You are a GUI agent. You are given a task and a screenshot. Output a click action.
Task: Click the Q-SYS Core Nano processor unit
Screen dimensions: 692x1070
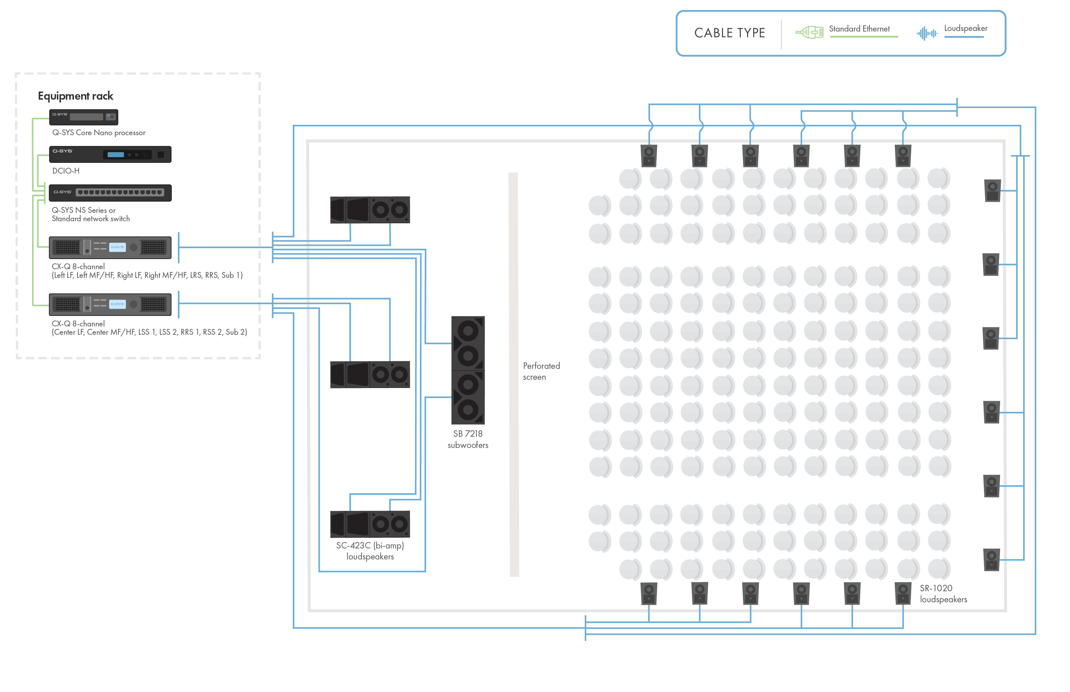coord(83,117)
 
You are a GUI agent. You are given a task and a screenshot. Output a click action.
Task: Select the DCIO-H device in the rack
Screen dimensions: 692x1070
coord(110,154)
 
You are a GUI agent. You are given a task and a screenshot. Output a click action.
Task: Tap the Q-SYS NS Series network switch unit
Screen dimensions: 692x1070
coord(110,193)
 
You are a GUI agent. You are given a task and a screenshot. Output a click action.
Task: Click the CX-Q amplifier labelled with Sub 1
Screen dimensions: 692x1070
coord(110,247)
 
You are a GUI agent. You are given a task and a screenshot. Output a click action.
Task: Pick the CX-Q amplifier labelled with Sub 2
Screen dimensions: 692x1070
coord(110,304)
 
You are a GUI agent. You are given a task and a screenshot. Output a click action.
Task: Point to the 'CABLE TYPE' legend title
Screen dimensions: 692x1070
coord(730,33)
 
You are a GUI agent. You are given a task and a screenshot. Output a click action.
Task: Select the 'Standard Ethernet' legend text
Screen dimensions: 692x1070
coord(859,29)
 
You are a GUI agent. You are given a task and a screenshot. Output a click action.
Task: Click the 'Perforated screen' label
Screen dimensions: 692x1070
coord(541,371)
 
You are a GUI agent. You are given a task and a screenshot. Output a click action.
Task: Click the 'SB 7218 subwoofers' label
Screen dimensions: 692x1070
coord(468,439)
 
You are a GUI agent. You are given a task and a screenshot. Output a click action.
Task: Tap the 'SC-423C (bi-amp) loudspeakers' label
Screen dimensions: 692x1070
coord(370,551)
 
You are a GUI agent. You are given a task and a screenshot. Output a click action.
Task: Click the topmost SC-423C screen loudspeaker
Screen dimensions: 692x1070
coord(370,210)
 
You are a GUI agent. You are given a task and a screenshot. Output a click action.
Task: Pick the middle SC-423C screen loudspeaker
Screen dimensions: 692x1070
coord(370,374)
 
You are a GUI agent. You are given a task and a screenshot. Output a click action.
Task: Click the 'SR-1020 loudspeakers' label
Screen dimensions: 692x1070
coord(943,594)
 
